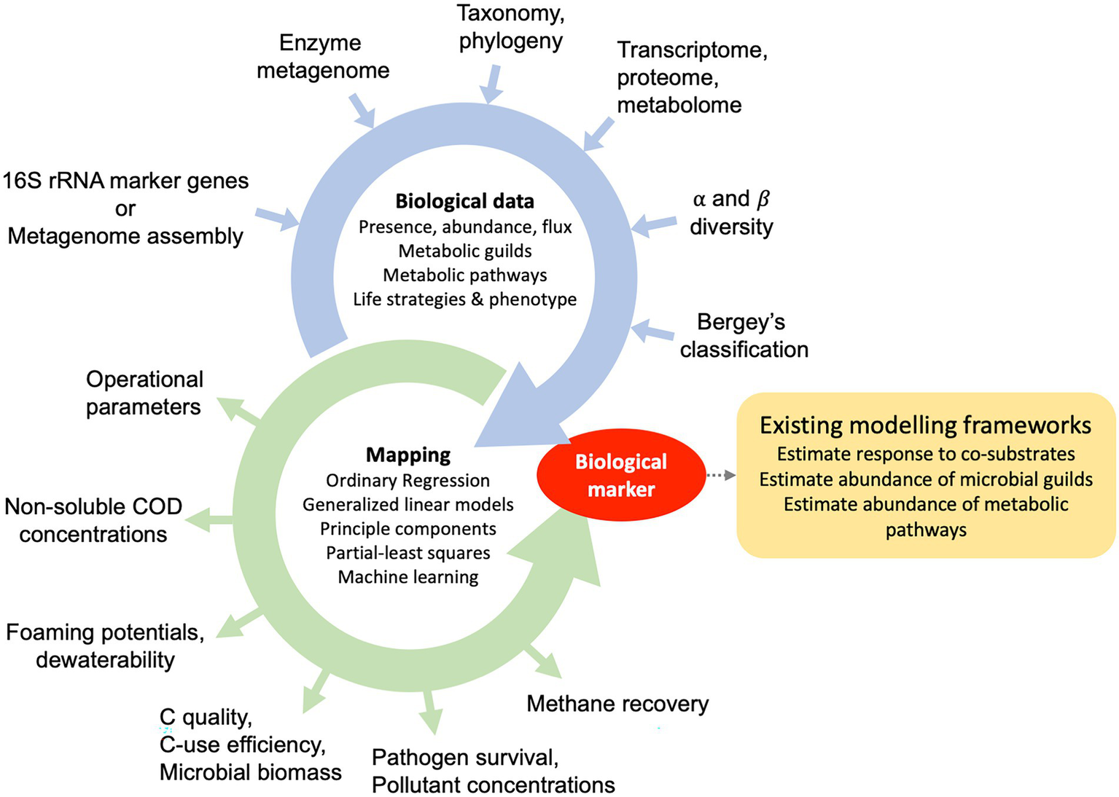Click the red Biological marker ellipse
[620, 475]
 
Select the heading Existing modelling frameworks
[925, 425]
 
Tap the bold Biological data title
[464, 201]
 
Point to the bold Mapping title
[408, 455]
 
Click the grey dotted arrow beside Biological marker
[721, 476]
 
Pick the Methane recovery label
[617, 704]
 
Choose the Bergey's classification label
[744, 335]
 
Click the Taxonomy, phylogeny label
[510, 27]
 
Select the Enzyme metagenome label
[323, 56]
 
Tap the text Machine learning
[408, 577]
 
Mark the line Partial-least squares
[408, 553]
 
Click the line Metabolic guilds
[464, 251]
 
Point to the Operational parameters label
[144, 393]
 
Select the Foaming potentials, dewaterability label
[105, 645]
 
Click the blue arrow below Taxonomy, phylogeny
[493, 84]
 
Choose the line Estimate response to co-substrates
[925, 454]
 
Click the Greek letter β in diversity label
[763, 199]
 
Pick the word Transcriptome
[692, 50]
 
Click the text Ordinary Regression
[408, 480]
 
